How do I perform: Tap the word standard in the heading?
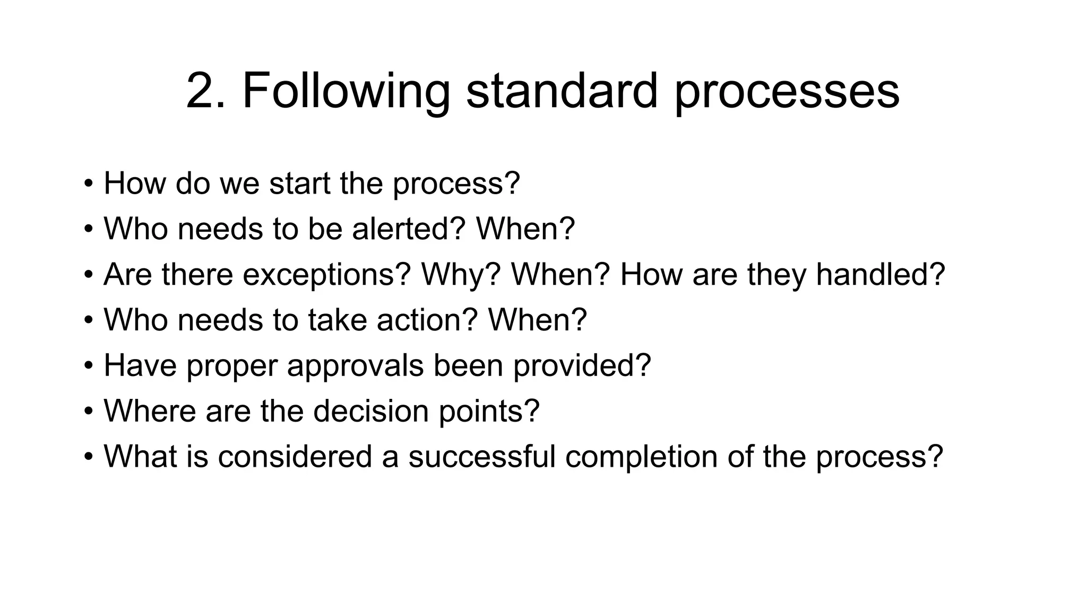pos(562,91)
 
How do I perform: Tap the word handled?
pos(880,275)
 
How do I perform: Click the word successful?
pos(481,457)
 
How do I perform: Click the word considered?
pos(295,457)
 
